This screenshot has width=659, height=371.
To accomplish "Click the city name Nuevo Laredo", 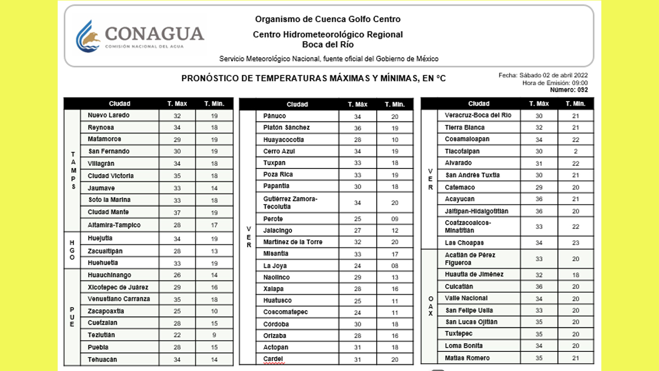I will pyautogui.click(x=109, y=115).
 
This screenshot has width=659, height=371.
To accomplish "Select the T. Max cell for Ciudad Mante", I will pyautogui.click(x=177, y=212).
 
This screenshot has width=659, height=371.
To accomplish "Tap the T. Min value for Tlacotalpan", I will pyautogui.click(x=576, y=151).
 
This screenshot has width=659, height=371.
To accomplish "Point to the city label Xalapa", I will pyautogui.click(x=273, y=289).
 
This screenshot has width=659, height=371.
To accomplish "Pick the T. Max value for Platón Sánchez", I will pyautogui.click(x=358, y=128).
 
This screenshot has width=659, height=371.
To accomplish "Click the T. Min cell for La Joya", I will pyautogui.click(x=395, y=266).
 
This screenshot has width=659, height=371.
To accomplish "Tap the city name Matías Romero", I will pyautogui.click(x=467, y=358).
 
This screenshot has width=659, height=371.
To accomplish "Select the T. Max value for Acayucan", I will pyautogui.click(x=539, y=199).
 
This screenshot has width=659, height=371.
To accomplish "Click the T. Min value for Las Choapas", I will pyautogui.click(x=576, y=243).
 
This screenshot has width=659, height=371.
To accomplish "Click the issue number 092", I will pyautogui.click(x=582, y=90).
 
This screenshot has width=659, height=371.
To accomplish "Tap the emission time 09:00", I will pyautogui.click(x=579, y=83).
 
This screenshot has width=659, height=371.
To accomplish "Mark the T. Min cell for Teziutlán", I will pyautogui.click(x=214, y=335).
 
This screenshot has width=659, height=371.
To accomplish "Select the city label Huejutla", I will pyautogui.click(x=100, y=239).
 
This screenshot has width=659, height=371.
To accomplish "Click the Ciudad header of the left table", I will pyautogui.click(x=119, y=104).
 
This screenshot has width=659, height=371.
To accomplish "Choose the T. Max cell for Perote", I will pyautogui.click(x=358, y=219).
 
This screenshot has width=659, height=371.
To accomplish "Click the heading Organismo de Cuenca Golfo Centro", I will pyautogui.click(x=327, y=20).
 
